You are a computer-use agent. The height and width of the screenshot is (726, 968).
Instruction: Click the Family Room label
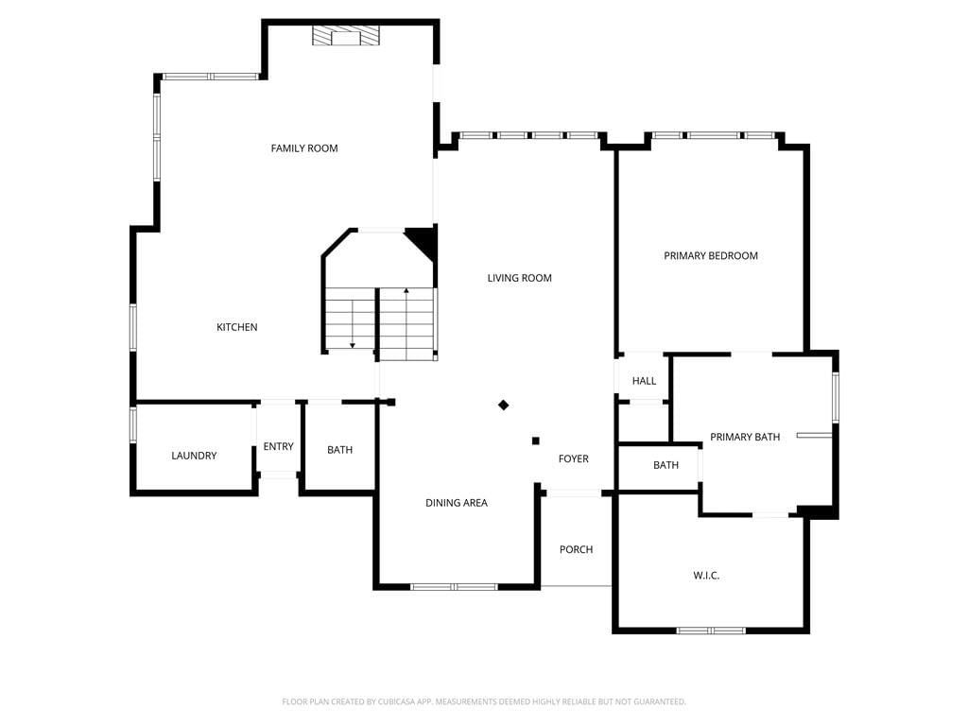tap(304, 148)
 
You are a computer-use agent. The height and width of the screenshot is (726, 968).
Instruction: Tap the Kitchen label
tap(237, 327)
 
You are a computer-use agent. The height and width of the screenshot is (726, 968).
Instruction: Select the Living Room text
tap(520, 278)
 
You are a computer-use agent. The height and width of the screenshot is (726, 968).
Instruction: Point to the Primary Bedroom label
tap(711, 255)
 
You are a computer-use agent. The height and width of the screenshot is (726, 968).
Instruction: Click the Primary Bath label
tap(745, 437)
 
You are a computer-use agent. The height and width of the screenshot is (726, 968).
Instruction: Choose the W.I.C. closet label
tap(706, 576)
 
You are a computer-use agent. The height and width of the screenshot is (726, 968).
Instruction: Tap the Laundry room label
tap(194, 456)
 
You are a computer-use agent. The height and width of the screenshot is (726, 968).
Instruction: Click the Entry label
tap(279, 446)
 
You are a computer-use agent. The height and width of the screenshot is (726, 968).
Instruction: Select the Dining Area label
tap(457, 503)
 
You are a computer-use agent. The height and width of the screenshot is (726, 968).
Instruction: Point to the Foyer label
tap(574, 458)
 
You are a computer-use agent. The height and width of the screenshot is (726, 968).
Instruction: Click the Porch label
tap(576, 549)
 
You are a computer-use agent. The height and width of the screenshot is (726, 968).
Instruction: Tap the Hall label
tap(644, 381)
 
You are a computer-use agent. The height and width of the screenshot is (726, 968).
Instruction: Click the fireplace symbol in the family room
tap(345, 36)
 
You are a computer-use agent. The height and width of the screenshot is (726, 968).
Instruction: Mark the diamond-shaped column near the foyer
tap(504, 405)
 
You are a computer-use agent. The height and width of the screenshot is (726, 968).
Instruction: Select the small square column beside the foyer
tap(536, 441)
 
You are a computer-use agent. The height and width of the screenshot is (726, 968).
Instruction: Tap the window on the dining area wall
tap(455, 586)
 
